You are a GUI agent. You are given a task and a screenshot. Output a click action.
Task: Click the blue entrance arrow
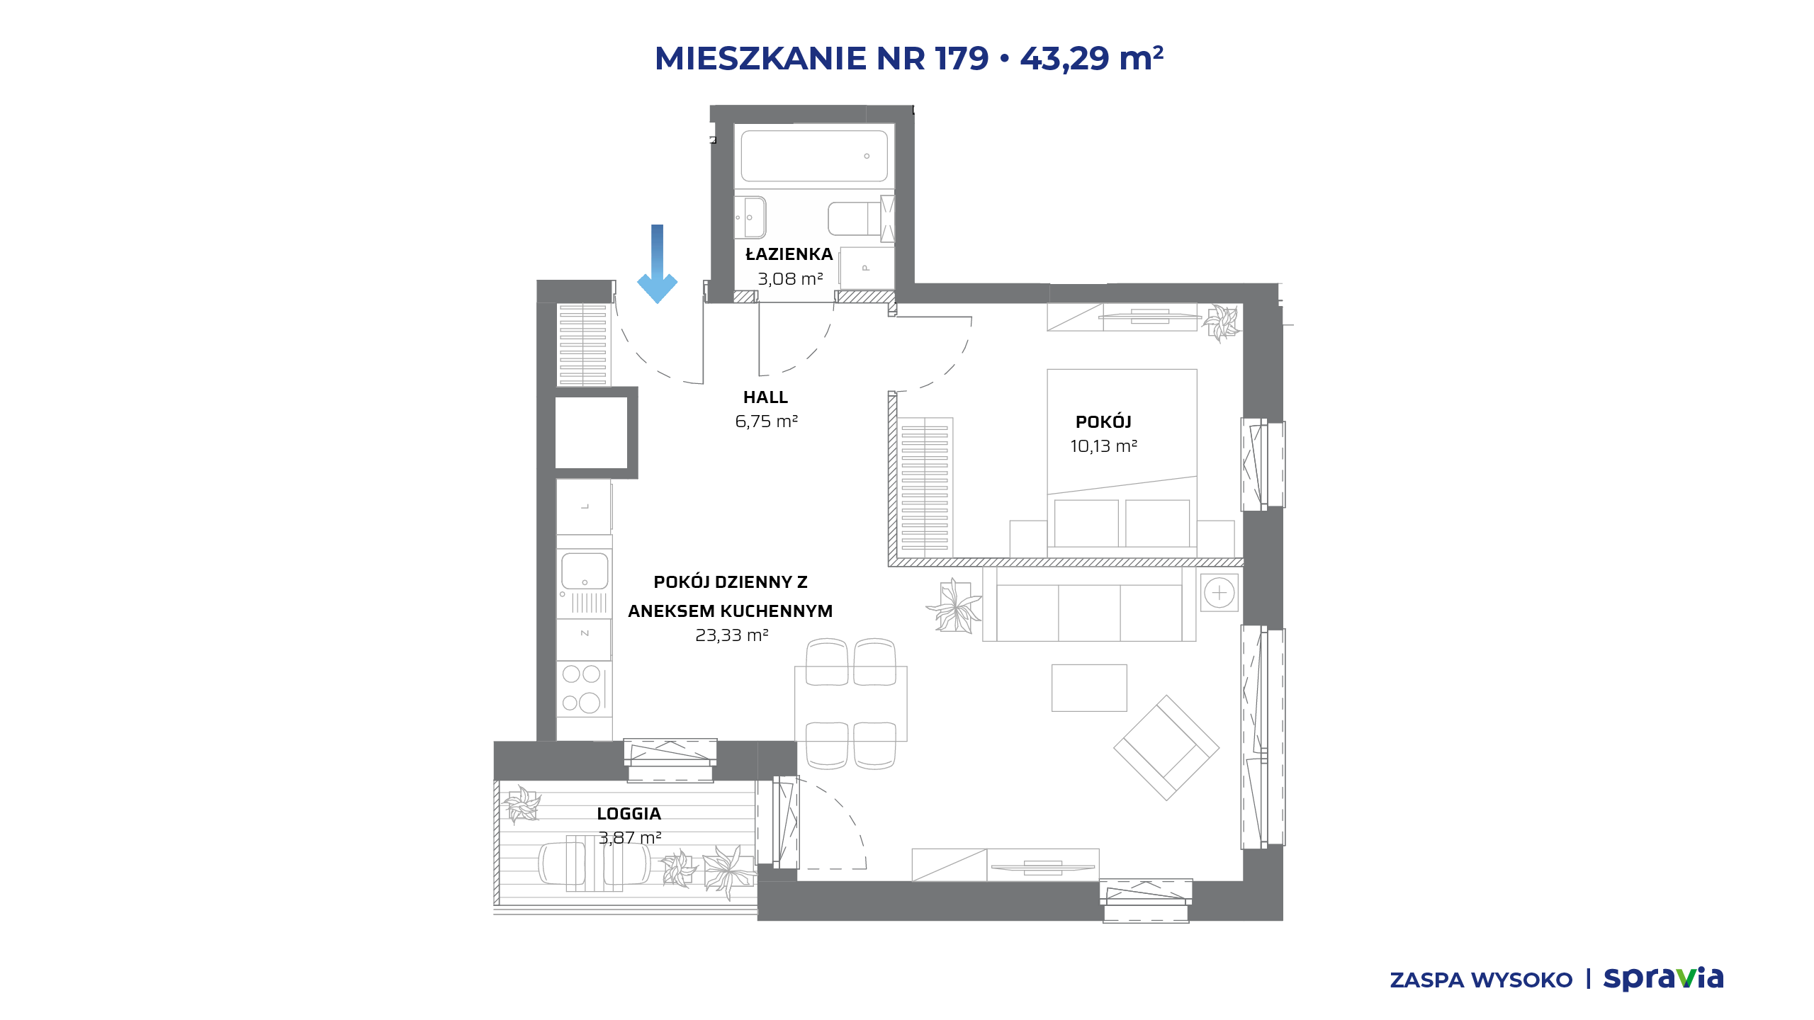click(x=658, y=264)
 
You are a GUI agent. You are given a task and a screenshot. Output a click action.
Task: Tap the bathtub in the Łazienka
click(x=814, y=156)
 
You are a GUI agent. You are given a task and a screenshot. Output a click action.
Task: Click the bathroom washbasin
click(x=750, y=217)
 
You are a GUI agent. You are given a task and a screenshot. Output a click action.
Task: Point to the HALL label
click(x=765, y=397)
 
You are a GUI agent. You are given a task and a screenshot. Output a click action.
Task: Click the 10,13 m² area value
click(x=1103, y=446)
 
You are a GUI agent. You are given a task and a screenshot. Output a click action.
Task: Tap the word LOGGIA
click(x=629, y=814)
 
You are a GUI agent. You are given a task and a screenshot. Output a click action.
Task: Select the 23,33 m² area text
click(x=731, y=635)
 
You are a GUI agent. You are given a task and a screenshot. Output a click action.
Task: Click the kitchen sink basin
click(x=585, y=571)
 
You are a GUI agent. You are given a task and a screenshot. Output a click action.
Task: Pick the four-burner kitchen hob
click(x=582, y=688)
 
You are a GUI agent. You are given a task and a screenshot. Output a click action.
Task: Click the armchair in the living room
click(x=1166, y=747)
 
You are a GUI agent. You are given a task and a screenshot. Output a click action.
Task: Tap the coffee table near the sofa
click(x=1089, y=688)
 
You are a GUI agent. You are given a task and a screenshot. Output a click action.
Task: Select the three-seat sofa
click(x=1089, y=604)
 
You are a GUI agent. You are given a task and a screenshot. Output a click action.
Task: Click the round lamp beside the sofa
click(x=1219, y=593)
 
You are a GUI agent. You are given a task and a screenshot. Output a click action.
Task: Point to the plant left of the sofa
click(x=954, y=606)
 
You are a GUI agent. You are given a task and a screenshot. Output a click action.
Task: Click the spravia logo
click(x=1663, y=978)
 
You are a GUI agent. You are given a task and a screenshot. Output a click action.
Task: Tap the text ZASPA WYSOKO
click(x=1481, y=980)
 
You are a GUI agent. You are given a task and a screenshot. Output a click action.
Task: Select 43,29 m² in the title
click(x=1091, y=58)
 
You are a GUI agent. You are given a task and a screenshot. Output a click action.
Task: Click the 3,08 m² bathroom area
click(x=790, y=279)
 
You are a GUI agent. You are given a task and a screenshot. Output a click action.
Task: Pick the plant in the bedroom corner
click(x=1222, y=323)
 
